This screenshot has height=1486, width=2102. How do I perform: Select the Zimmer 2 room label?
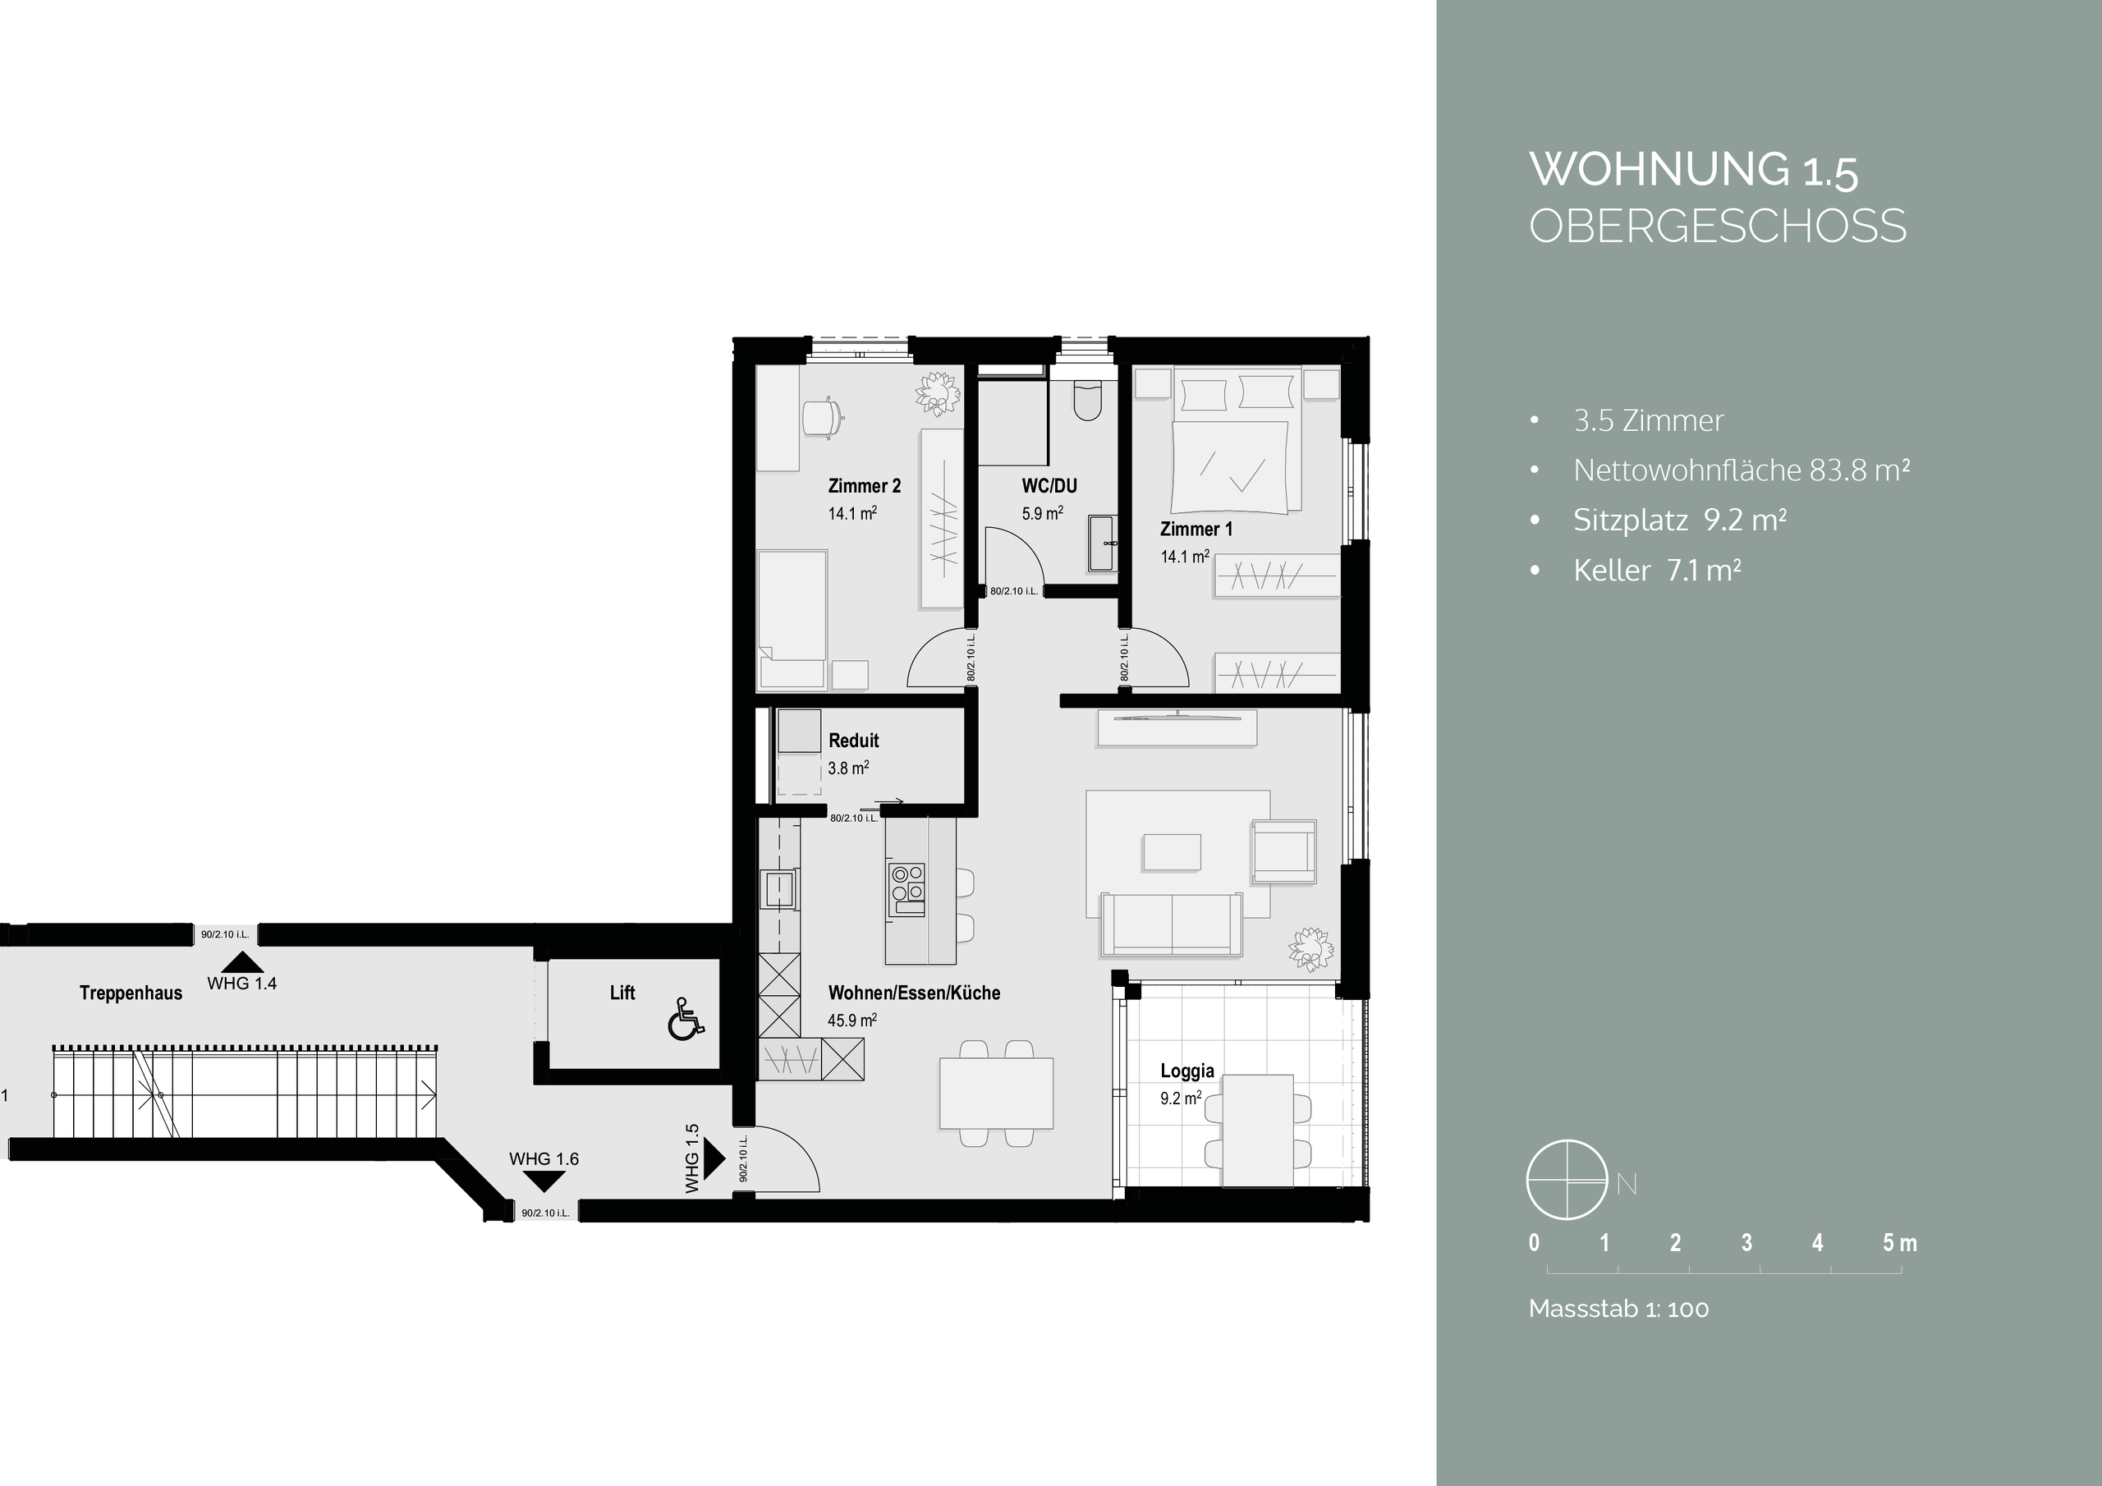[865, 486]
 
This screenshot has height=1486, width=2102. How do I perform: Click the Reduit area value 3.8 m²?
[847, 768]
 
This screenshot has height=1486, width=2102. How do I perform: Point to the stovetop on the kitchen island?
[907, 890]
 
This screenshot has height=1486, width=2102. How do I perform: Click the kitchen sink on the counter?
[778, 889]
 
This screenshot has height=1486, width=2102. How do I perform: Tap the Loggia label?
[1186, 1071]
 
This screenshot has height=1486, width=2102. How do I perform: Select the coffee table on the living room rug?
[1171, 852]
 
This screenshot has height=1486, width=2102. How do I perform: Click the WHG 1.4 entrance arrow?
[241, 962]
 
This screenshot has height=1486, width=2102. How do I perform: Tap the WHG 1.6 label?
[544, 1159]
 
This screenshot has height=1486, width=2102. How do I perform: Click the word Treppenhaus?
[131, 993]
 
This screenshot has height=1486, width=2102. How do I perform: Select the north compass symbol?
[1567, 1181]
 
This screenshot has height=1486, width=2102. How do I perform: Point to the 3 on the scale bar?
[1746, 1242]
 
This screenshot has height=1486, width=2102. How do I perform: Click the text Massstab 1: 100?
[1618, 1309]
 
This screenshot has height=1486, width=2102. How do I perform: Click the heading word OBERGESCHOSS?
[1718, 226]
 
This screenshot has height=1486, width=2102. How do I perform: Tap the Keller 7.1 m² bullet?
[1656, 571]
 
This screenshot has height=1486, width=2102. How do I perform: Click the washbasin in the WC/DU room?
[1102, 543]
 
